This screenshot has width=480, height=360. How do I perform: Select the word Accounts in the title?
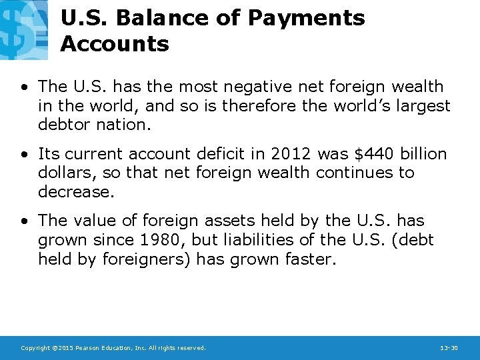(115, 44)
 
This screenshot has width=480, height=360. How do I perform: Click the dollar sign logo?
(23, 29)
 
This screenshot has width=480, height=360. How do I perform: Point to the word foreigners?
(147, 259)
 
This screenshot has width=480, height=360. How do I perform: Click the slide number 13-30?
(449, 348)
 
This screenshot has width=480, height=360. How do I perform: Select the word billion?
(423, 153)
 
